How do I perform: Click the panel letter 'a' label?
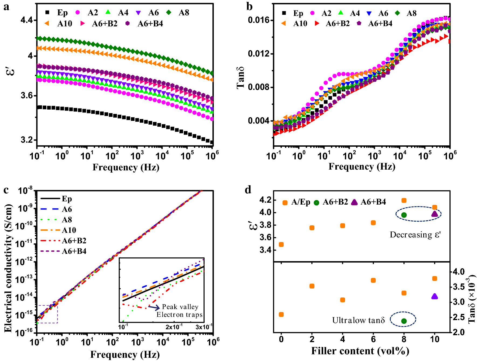(6, 7)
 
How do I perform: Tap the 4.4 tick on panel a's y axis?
(26, 20)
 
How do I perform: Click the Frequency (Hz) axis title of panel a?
(126, 167)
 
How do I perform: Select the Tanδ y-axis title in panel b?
(240, 78)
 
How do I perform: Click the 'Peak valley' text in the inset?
(180, 307)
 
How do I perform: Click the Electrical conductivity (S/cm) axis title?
(9, 268)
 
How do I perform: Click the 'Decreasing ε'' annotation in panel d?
(415, 235)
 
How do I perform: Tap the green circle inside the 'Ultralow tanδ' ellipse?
(404, 321)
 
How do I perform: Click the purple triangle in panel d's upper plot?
(434, 214)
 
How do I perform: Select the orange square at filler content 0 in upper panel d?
(281, 244)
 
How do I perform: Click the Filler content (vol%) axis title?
(360, 351)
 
